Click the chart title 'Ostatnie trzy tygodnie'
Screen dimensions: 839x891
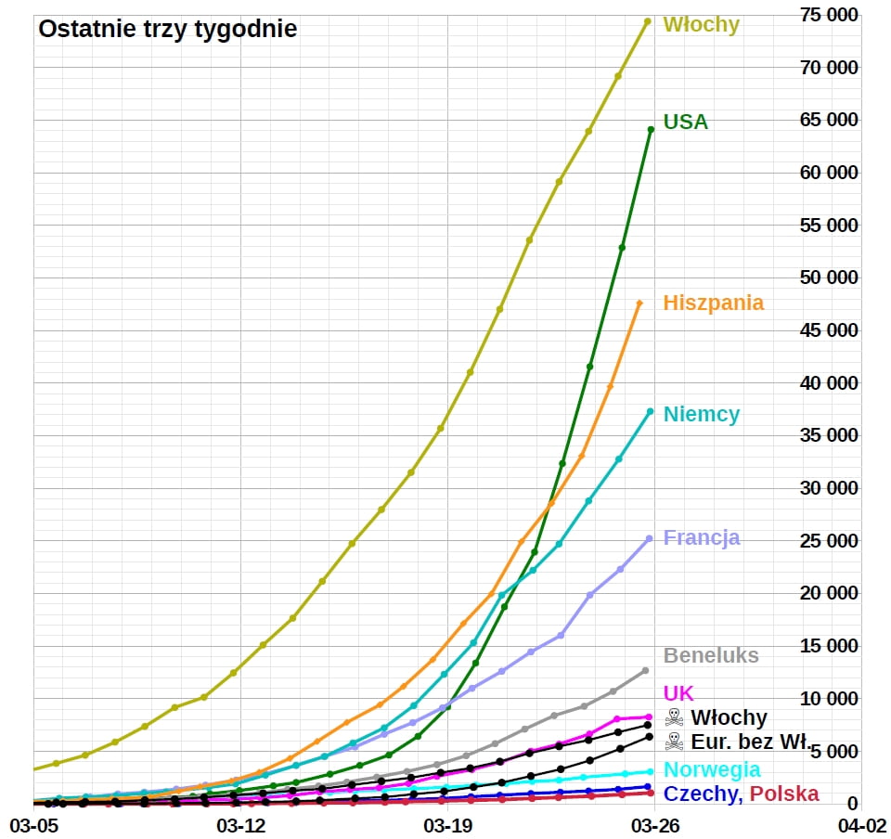167,29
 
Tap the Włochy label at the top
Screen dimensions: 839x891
701,25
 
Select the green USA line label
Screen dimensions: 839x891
685,122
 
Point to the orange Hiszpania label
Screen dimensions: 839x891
714,303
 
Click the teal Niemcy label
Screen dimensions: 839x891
701,414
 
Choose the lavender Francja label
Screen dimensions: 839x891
701,537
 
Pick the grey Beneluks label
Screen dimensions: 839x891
711,655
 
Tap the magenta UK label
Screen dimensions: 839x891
678,693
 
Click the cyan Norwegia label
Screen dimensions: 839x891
712,769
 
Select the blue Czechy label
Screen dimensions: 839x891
701,794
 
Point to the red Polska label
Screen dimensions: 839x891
784,794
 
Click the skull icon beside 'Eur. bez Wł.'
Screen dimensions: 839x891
675,741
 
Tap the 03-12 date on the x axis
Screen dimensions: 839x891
240,824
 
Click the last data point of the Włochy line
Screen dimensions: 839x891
648,21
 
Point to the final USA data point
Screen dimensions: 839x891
651,129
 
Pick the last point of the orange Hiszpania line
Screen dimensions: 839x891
639,303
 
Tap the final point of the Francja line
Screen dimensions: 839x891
649,538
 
